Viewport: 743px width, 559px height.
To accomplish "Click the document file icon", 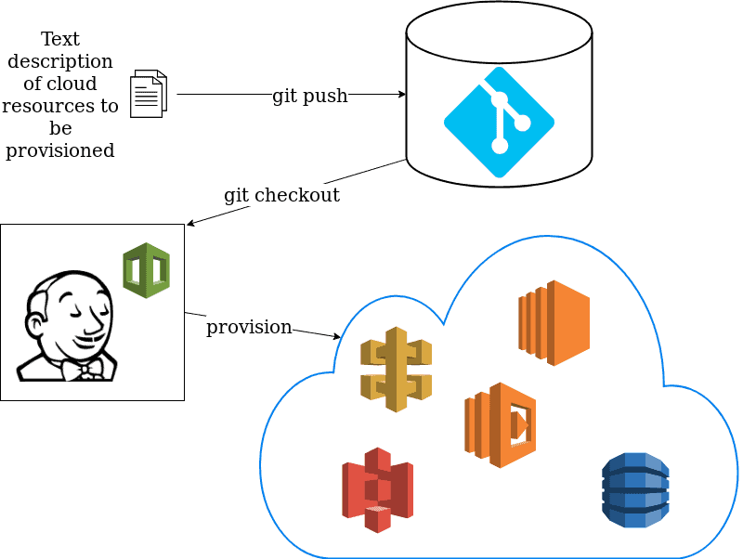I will (149, 94).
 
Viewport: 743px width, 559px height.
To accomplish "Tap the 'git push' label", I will (309, 96).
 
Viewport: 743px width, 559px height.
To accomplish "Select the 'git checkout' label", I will (281, 195).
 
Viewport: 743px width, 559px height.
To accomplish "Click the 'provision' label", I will (249, 327).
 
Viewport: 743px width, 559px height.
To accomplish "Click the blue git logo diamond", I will (499, 122).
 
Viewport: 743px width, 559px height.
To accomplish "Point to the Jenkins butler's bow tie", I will (90, 370).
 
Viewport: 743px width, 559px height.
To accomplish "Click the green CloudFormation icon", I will (147, 270).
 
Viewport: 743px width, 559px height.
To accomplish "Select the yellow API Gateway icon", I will (397, 369).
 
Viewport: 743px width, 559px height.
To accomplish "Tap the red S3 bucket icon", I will (377, 489).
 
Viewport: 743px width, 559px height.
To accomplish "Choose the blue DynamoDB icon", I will (635, 490).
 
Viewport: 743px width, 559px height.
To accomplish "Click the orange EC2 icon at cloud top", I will (554, 322).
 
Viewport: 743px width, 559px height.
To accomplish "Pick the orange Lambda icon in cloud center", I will (501, 424).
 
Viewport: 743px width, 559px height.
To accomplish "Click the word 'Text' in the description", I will (60, 39).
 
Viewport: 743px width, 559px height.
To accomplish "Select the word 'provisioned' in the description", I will (60, 150).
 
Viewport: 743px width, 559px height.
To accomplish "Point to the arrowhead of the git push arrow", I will (402, 94).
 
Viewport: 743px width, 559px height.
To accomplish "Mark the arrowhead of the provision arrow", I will (337, 336).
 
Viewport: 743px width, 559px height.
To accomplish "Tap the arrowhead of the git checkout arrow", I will (190, 224).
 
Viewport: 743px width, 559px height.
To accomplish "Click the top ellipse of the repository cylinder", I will (499, 32).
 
